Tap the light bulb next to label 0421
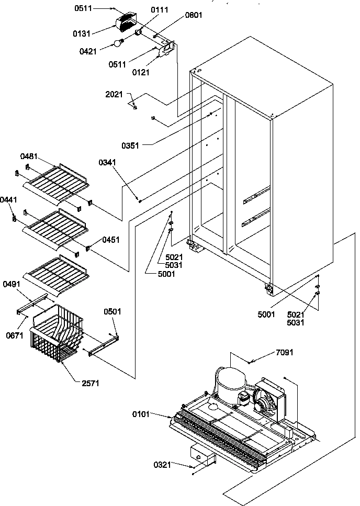(119, 43)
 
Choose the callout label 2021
(114, 95)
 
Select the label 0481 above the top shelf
(29, 156)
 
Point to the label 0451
(111, 240)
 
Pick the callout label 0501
(113, 311)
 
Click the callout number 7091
(285, 353)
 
